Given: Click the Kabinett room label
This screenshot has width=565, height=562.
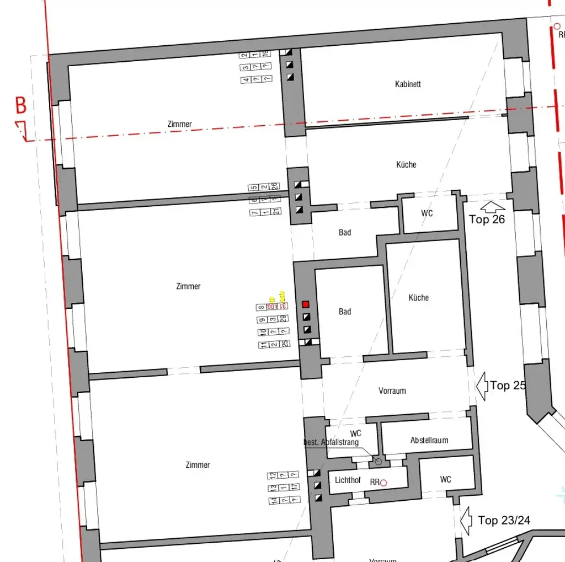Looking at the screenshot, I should point(408,84).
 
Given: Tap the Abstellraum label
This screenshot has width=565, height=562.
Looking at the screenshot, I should point(429,440).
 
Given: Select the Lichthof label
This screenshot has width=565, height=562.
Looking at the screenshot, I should point(348,480).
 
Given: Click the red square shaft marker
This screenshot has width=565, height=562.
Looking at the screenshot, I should point(306,304).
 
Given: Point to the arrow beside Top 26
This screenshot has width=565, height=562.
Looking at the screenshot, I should point(493,207).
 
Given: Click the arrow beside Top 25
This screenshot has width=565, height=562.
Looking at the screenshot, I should point(481,384).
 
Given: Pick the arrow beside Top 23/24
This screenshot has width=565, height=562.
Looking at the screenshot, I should point(466,520).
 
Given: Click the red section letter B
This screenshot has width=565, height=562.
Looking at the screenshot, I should point(20,105).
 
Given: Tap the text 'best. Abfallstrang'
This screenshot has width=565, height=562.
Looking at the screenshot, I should point(331,442).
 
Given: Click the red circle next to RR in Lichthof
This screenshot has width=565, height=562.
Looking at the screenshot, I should point(383,483).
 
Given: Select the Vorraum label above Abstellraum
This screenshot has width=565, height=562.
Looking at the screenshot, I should point(392,390).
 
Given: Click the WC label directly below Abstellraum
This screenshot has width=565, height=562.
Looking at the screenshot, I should point(446,479).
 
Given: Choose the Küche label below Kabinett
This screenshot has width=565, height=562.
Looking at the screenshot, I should point(406,164).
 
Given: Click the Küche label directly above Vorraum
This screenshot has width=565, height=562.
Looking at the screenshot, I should point(418,297).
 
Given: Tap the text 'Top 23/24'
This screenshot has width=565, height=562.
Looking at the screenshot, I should point(504,520).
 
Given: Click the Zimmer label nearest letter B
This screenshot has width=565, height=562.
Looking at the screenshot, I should point(179,124).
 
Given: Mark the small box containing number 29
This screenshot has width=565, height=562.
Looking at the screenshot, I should point(282,319).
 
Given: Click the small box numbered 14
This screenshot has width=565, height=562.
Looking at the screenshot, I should point(273,500).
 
